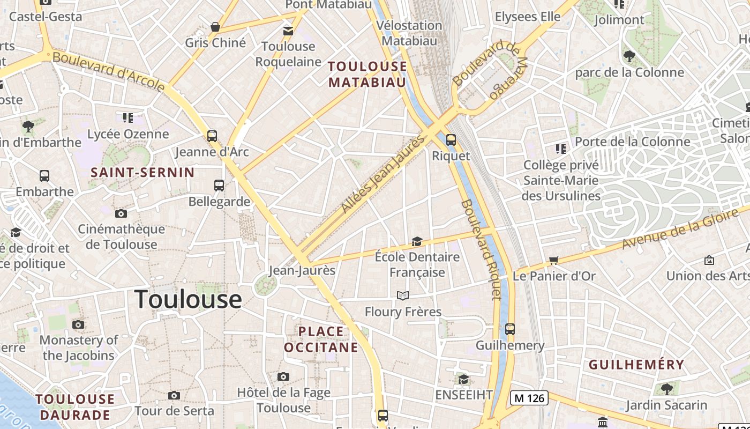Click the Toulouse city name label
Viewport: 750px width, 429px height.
[x=188, y=299]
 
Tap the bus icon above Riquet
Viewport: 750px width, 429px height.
[x=451, y=140]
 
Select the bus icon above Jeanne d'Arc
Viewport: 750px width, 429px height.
[x=212, y=136]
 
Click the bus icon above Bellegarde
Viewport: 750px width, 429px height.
[x=219, y=186]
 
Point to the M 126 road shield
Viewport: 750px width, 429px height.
[x=528, y=398]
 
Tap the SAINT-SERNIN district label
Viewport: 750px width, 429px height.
[x=142, y=172]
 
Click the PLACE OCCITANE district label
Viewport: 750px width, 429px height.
[x=321, y=339]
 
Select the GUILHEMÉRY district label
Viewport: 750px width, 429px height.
[x=636, y=365]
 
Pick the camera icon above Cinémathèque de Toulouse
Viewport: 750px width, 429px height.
[x=121, y=213]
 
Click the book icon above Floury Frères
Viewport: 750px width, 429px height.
[x=403, y=295]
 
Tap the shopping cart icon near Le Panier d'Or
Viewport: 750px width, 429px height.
[x=553, y=260]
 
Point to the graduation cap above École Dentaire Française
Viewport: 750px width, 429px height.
[x=417, y=242]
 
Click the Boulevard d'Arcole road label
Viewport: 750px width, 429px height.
[x=109, y=72]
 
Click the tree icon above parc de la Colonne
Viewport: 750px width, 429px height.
[x=629, y=56]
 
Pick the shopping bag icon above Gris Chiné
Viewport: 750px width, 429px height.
[x=215, y=27]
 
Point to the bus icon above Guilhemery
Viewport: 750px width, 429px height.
[x=510, y=329]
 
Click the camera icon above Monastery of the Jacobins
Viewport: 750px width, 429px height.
[x=78, y=324]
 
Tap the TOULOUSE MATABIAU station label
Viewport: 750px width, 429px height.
[x=367, y=74]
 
